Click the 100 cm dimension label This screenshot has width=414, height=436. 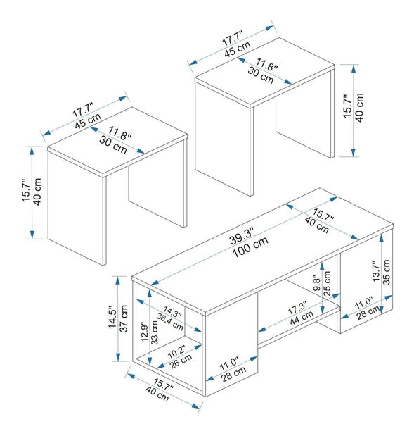tap(250, 247)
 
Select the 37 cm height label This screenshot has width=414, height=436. tap(124, 318)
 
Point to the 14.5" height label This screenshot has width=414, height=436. tap(112, 318)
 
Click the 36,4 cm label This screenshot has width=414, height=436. tap(169, 322)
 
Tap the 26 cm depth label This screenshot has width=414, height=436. tap(181, 361)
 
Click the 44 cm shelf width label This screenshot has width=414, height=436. tap(302, 317)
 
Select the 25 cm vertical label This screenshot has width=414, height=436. tap(327, 283)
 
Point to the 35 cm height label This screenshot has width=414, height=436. tap(387, 272)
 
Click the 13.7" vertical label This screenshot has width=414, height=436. tap(376, 271)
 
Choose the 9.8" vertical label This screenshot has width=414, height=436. tap(316, 283)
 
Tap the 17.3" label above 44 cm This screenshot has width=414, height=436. tap(297, 308)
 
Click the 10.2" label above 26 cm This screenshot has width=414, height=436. tap(176, 351)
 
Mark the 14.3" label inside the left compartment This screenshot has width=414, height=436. tap(173, 311)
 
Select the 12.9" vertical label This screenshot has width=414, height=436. tap(144, 332)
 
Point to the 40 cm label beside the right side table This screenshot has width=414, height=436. tap(359, 108)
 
